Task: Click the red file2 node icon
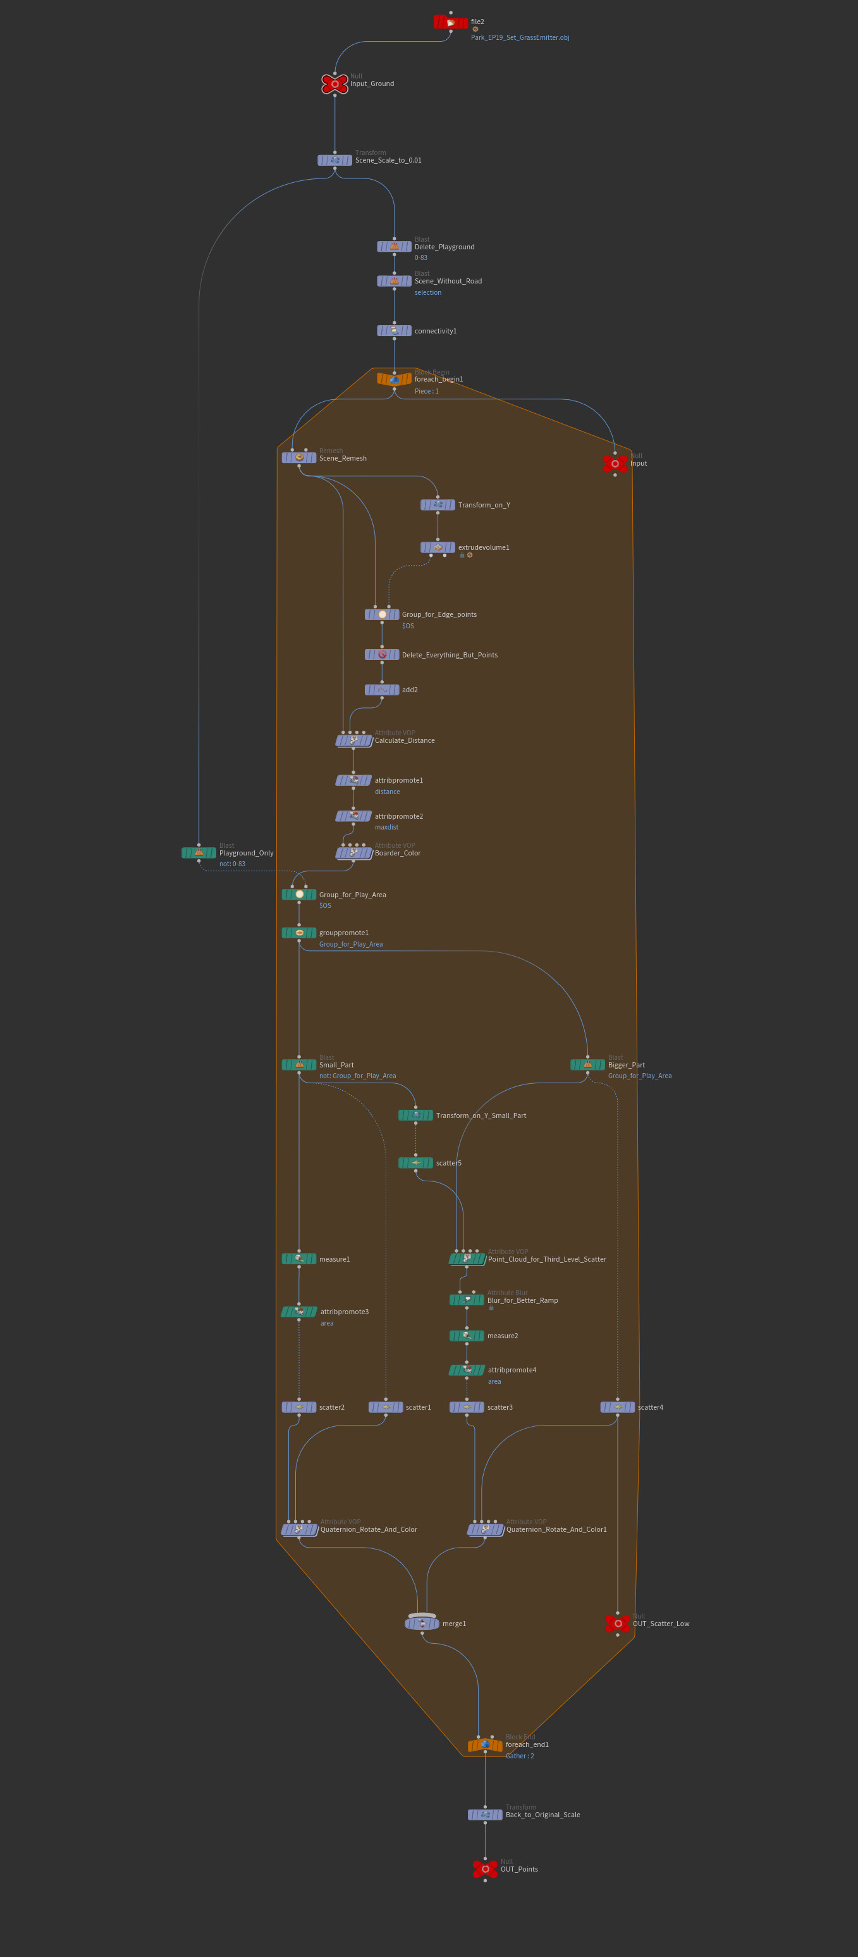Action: click(x=450, y=23)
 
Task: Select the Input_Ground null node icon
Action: click(x=335, y=84)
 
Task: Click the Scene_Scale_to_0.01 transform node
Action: click(x=335, y=160)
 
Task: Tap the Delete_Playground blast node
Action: click(x=394, y=247)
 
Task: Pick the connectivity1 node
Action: click(x=394, y=330)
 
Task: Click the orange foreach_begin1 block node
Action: click(x=394, y=379)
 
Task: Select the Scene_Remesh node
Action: click(x=299, y=458)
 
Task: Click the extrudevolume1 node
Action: click(x=438, y=547)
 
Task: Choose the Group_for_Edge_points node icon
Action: click(x=382, y=614)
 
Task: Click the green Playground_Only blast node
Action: click(x=199, y=852)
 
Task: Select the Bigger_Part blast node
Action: click(x=587, y=1064)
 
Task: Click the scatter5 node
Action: click(x=415, y=1162)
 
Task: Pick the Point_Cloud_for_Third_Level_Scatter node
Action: click(x=467, y=1259)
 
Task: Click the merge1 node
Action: click(x=422, y=1624)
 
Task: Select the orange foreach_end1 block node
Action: click(x=485, y=1745)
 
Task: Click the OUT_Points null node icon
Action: click(x=485, y=1869)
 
